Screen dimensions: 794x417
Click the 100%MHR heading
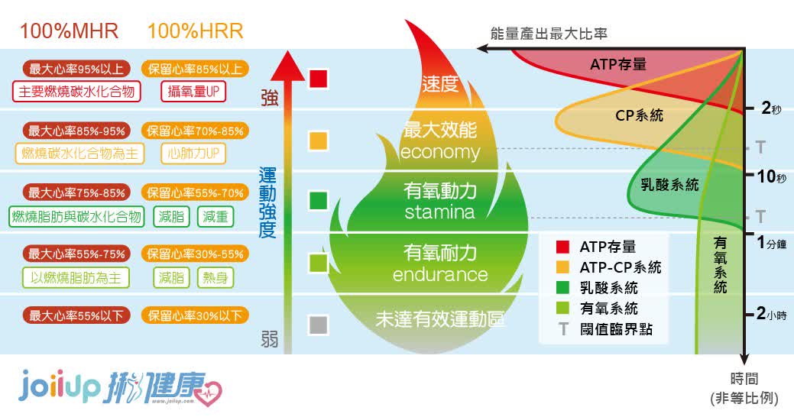(x=69, y=31)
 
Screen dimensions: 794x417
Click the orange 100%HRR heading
(x=195, y=31)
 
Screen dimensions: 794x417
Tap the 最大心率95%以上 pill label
(x=76, y=68)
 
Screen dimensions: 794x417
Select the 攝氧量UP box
(x=193, y=92)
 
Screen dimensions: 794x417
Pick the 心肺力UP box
(x=193, y=154)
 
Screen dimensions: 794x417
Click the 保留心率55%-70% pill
(x=195, y=192)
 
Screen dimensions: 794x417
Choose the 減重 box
(x=216, y=217)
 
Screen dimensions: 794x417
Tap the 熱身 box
(x=216, y=278)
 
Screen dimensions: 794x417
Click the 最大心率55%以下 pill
(x=76, y=315)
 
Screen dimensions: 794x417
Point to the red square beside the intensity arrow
(x=319, y=79)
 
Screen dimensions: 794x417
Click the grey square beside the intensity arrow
(x=319, y=325)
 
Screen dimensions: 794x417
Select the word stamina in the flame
(x=439, y=212)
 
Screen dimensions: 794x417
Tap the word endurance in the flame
(x=440, y=274)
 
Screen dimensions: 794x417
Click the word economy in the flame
(x=440, y=152)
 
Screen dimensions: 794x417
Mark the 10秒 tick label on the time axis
(x=772, y=176)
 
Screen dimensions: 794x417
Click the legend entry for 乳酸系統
(x=598, y=288)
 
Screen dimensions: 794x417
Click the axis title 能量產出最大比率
(x=549, y=34)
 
